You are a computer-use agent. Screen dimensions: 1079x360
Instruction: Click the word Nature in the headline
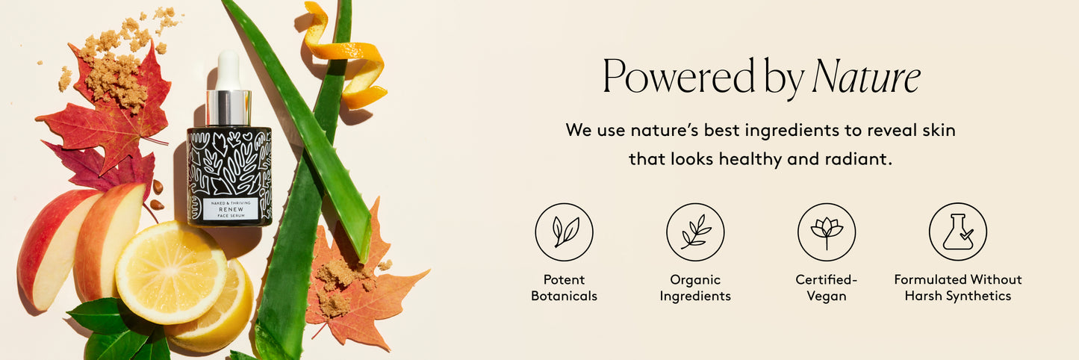(866, 77)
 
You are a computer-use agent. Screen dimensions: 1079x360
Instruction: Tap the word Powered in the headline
(679, 75)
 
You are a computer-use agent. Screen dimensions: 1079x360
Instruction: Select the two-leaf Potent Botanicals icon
(564, 232)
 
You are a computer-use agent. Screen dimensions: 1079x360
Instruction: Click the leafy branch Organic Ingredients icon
(695, 232)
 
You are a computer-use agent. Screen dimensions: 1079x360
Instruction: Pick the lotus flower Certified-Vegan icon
(827, 232)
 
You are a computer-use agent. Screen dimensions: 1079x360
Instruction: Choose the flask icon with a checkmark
(957, 232)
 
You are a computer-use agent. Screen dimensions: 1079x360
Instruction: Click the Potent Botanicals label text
(564, 288)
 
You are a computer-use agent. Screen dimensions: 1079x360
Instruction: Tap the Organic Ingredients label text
(695, 288)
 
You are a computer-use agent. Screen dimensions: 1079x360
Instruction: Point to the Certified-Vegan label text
(827, 288)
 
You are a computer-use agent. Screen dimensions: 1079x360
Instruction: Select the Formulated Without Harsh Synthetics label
(957, 288)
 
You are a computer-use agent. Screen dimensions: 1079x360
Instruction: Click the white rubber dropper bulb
(228, 70)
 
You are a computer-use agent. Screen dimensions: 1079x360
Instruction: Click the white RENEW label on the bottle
(231, 209)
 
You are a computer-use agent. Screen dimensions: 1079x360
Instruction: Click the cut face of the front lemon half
(170, 273)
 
